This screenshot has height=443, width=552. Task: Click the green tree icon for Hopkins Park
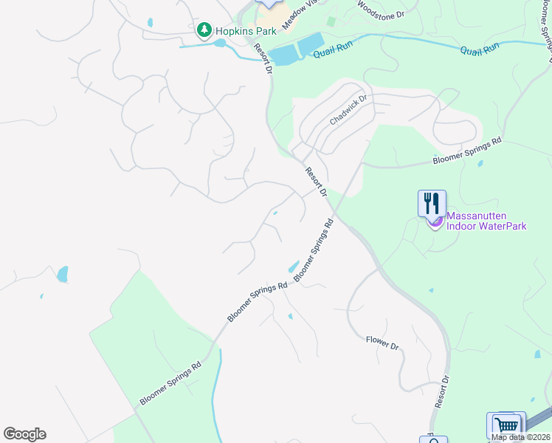tap(204, 30)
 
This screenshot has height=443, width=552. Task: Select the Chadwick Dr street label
tap(348, 110)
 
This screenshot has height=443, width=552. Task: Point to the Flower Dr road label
tap(382, 343)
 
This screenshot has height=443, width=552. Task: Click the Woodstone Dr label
tap(382, 9)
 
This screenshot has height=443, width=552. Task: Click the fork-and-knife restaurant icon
tap(432, 202)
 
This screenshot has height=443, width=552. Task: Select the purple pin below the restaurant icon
tap(435, 221)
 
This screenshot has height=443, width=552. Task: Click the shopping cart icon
tap(506, 425)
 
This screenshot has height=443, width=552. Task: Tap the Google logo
tap(24, 434)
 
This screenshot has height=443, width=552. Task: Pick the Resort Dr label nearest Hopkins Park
tap(263, 58)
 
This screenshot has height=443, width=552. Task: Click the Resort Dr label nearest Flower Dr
tap(442, 391)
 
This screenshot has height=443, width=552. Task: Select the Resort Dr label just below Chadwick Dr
tap(316, 182)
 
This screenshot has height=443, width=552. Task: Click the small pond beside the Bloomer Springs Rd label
tap(293, 266)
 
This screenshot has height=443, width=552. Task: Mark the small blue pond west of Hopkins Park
tap(150, 23)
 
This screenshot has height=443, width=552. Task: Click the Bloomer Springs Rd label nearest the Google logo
tap(171, 383)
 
